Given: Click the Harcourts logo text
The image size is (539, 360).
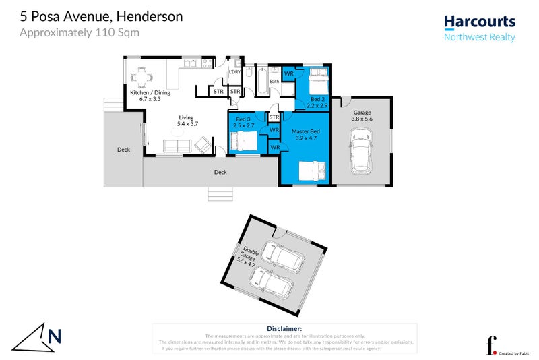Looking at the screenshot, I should point(479,22).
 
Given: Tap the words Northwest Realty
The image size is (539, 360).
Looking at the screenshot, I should point(479,37).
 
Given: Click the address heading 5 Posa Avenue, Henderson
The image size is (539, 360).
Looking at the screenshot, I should point(101,16).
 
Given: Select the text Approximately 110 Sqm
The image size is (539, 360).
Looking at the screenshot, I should point(80,32).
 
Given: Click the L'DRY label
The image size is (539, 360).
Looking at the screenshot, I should point(234,73).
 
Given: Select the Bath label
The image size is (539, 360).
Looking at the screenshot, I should point(274,82).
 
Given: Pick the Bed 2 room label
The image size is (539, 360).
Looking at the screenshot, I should point(316,102).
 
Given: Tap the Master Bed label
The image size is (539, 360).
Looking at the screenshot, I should point(305,133).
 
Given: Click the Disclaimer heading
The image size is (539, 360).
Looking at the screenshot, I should point(284,328).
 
